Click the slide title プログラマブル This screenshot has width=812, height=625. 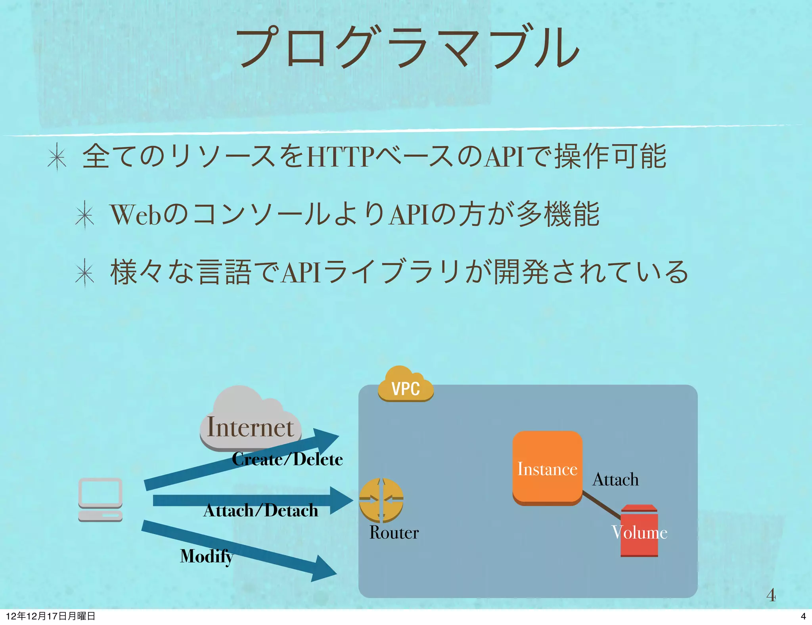408,48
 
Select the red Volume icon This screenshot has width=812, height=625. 639,531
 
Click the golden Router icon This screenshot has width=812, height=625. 381,500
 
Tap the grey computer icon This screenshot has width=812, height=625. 100,499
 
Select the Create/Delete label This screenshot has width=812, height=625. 287,459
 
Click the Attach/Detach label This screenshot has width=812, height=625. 260,510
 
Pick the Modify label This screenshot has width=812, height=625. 206,556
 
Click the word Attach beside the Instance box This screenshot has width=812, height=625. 615,479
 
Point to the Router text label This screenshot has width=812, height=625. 394,532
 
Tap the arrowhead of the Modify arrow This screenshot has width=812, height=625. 325,570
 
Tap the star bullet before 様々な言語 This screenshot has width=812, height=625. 85,273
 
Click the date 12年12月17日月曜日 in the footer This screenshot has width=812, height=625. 51,616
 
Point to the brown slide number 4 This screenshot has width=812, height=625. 771,595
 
